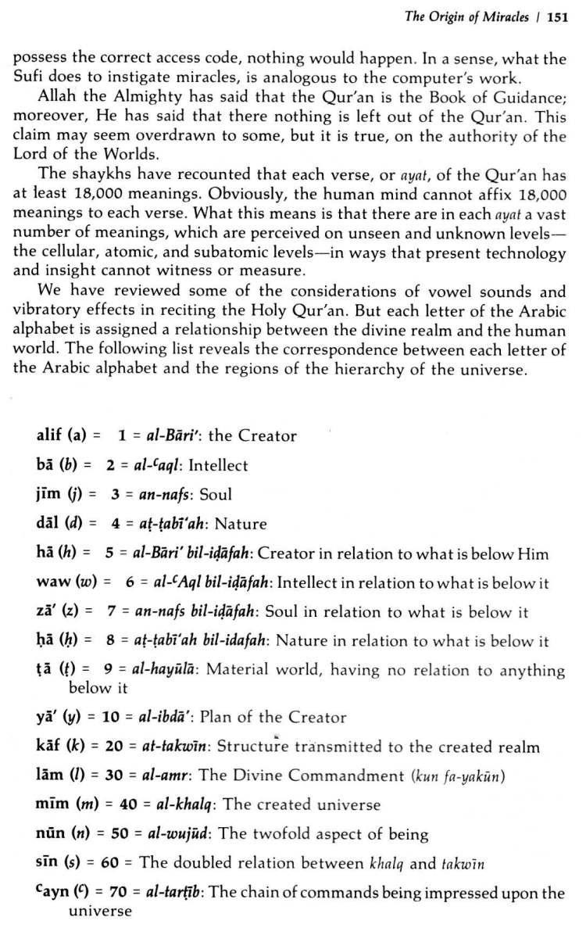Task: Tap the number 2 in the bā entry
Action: pyautogui.click(x=111, y=465)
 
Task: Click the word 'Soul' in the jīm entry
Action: pyautogui.click(x=216, y=494)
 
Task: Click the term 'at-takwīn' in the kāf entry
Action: pyautogui.click(x=176, y=746)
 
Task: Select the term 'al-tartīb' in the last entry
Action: pyautogui.click(x=171, y=892)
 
